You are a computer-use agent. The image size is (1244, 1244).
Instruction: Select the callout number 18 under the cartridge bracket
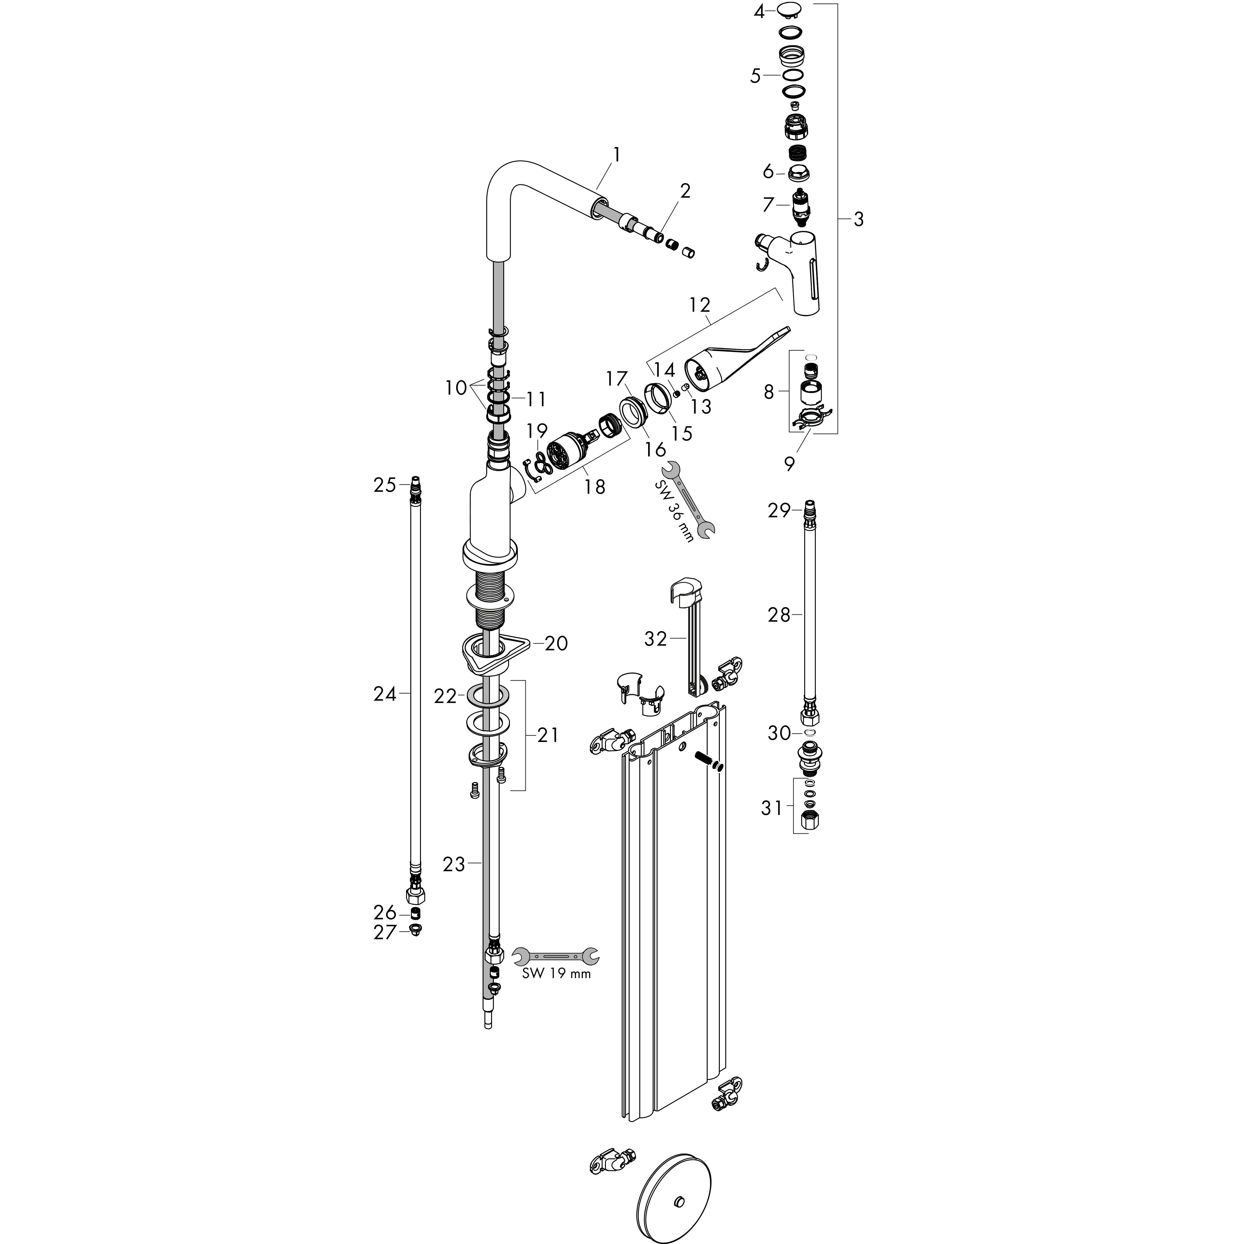pyautogui.click(x=595, y=487)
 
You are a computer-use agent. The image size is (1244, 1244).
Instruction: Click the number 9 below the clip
pyautogui.click(x=789, y=463)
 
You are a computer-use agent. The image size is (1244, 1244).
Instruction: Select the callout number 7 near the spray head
pyautogui.click(x=768, y=205)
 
